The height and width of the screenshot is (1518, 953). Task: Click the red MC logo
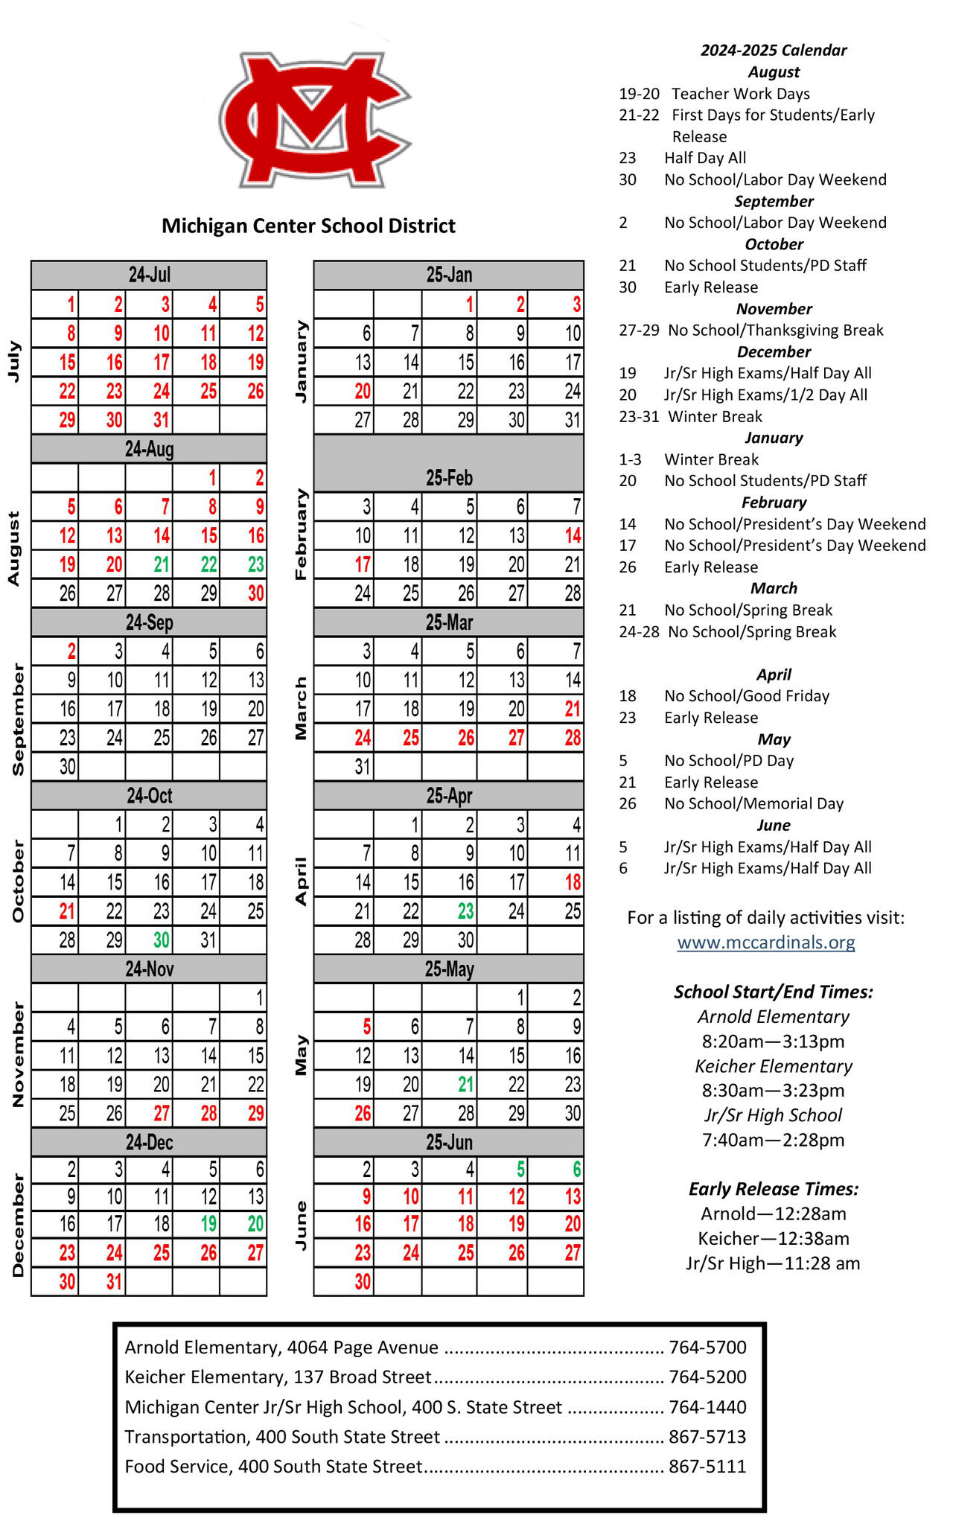click(x=314, y=119)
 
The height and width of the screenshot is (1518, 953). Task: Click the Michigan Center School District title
click(x=308, y=226)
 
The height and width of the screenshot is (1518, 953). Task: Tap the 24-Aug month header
click(x=149, y=449)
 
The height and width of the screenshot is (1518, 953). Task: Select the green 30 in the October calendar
click(x=161, y=940)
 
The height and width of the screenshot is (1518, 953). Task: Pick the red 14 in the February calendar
click(x=572, y=536)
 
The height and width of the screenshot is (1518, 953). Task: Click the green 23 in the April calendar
click(x=465, y=911)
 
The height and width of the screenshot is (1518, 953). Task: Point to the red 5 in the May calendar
click(x=366, y=1027)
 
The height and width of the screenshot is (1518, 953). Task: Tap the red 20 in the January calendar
click(x=363, y=392)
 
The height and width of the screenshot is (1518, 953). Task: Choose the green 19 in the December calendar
click(x=208, y=1224)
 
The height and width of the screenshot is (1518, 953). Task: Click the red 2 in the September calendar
click(x=71, y=651)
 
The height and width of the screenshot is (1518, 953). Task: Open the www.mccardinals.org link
click(x=765, y=943)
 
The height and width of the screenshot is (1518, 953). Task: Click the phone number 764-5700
click(x=707, y=1348)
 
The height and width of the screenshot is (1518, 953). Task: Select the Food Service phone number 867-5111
click(x=707, y=1467)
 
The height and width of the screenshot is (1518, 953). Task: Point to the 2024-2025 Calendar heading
click(x=774, y=50)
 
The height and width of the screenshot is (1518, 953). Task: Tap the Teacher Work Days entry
click(x=740, y=94)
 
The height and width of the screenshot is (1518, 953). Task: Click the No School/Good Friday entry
click(x=747, y=696)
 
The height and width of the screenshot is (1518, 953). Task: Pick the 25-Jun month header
click(x=449, y=1143)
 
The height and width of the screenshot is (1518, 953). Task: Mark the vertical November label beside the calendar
click(x=19, y=1055)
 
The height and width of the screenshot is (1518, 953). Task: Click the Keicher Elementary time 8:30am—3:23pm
click(x=773, y=1091)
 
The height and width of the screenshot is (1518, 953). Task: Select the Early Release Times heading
click(x=773, y=1189)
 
